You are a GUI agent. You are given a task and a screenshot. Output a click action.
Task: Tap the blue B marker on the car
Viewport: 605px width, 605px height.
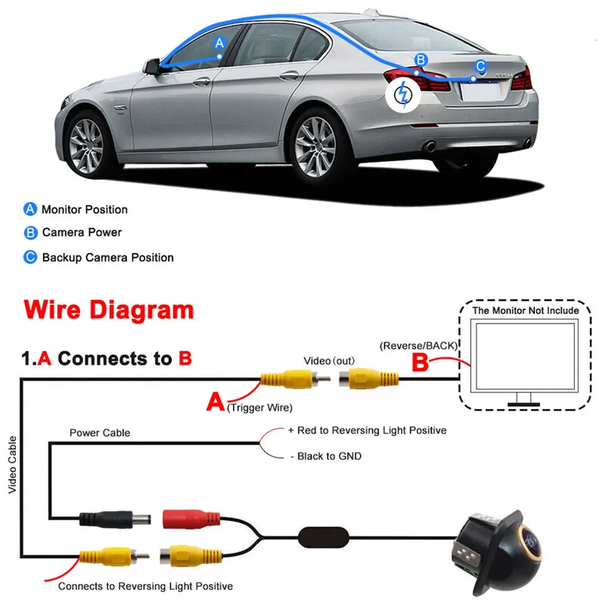point(421,60)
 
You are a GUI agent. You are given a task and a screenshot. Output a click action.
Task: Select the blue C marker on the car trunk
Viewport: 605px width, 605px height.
point(479,67)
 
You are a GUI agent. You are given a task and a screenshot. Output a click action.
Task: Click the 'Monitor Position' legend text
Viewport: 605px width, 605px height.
point(85,209)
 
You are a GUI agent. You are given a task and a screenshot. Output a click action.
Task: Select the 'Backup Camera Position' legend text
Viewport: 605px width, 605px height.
point(108,258)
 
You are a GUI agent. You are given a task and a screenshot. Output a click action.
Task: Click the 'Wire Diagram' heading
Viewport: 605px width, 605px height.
point(109,310)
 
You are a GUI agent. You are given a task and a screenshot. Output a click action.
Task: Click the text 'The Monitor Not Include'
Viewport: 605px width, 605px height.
point(526,311)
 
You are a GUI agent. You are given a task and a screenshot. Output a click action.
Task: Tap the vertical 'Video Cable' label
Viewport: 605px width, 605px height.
point(12,465)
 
